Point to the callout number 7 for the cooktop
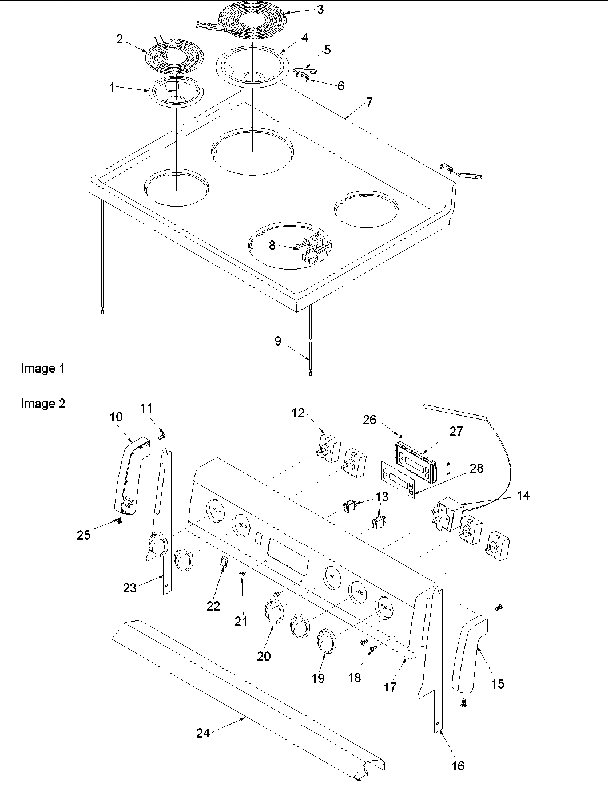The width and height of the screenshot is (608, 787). pos(369,102)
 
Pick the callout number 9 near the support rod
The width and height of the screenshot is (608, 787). pos(278,341)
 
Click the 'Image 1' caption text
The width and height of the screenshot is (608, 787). pos(42,369)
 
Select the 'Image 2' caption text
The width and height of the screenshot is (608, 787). pos(42,404)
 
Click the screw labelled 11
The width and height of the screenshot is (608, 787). pos(162,436)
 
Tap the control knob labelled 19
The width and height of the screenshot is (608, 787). pos(326,642)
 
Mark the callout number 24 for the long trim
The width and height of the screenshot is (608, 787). pos(203,733)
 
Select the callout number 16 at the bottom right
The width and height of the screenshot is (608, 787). pos(458,766)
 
